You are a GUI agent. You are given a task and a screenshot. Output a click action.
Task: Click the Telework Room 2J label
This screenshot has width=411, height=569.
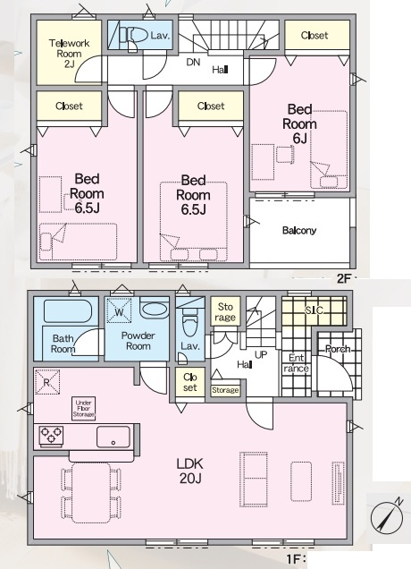pyautogui.click(x=69, y=54)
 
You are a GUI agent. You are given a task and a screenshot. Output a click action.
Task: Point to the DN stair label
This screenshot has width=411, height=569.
pyautogui.click(x=193, y=62)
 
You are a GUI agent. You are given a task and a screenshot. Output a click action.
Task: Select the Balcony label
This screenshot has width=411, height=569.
pyautogui.click(x=299, y=231)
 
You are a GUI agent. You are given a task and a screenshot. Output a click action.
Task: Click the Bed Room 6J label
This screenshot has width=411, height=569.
pyautogui.click(x=299, y=124)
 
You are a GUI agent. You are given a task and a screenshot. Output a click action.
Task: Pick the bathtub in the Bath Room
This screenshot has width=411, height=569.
pyautogui.click(x=67, y=311)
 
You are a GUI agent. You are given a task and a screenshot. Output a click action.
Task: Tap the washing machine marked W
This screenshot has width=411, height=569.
pyautogui.click(x=119, y=310)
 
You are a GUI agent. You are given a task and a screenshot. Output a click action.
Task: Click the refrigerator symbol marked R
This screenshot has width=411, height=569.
pyautogui.click(x=47, y=382)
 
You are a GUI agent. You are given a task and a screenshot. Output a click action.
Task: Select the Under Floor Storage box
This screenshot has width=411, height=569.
pyautogui.click(x=84, y=408)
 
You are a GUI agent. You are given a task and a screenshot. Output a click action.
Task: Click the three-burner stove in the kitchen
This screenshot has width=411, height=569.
pyautogui.click(x=51, y=435)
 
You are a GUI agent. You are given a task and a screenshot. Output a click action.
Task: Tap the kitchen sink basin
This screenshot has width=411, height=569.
pyautogui.click(x=113, y=437)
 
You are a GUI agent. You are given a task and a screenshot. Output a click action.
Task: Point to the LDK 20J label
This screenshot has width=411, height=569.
pyautogui.click(x=189, y=471)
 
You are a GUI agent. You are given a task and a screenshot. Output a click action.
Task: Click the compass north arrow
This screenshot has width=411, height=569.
pyautogui.click(x=388, y=514)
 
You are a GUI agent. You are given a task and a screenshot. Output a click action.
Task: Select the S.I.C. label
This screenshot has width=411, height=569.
pyautogui.click(x=314, y=310)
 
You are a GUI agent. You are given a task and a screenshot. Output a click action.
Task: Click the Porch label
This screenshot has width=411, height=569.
pyautogui.click(x=338, y=349)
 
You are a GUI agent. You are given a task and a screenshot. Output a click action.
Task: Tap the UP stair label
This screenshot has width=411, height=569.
pyautogui.click(x=261, y=354)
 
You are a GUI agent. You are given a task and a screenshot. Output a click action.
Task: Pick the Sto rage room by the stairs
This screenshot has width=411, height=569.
pyautogui.click(x=224, y=311)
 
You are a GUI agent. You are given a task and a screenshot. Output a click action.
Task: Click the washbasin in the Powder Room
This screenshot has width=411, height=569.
pyautogui.click(x=154, y=309)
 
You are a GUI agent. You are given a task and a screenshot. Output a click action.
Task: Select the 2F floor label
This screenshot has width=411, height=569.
pyautogui.click(x=344, y=279)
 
